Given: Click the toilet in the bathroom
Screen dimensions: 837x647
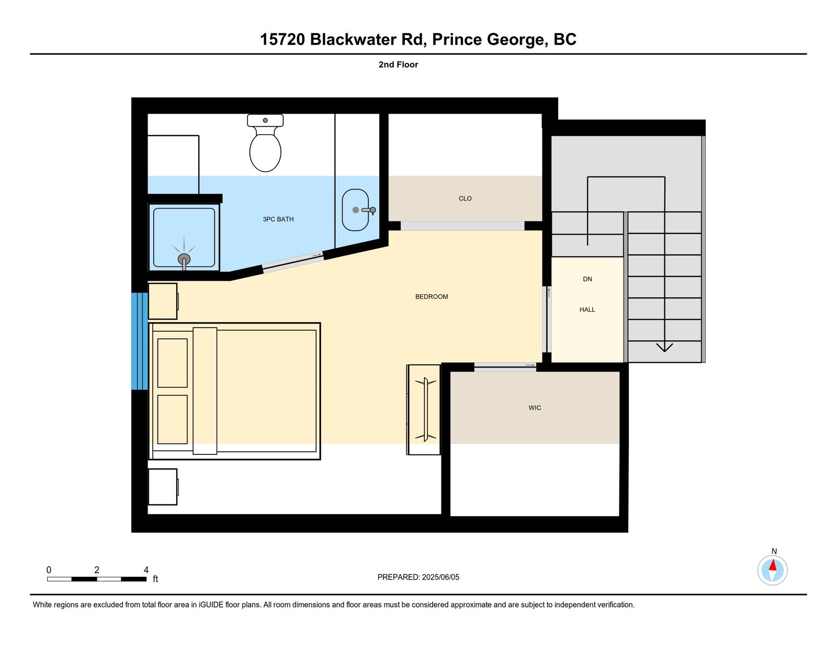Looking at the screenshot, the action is [265, 142].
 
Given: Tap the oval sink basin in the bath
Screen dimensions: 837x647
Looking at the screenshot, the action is [355, 210].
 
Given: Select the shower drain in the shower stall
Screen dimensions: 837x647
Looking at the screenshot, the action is [184, 259].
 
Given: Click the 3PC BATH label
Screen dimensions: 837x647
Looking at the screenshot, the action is [278, 219].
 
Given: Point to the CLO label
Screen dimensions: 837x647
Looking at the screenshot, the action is [465, 198].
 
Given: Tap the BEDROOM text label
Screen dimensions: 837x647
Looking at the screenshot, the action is [432, 297].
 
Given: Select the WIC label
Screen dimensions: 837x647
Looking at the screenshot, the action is [535, 408].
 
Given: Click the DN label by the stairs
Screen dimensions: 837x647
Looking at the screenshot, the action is [587, 279].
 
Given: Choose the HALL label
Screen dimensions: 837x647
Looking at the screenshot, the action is [587, 309].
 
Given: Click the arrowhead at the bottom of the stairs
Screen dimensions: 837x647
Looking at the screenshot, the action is [664, 348].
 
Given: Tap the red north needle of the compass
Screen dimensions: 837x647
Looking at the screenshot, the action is [772, 565].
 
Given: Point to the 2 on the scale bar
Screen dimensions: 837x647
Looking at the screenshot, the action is [97, 570].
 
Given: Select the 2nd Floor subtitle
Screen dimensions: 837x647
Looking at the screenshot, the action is [398, 65].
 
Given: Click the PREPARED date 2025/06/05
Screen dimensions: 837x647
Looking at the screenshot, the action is [440, 577].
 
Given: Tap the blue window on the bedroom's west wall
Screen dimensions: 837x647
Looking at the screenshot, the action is [140, 341].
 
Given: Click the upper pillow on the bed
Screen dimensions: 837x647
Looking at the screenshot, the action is [172, 363].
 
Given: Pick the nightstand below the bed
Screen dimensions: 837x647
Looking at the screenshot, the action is [163, 487].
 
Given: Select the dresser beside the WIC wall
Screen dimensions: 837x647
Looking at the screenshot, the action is [423, 410].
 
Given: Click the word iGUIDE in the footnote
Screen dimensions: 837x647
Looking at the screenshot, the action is [211, 605].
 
